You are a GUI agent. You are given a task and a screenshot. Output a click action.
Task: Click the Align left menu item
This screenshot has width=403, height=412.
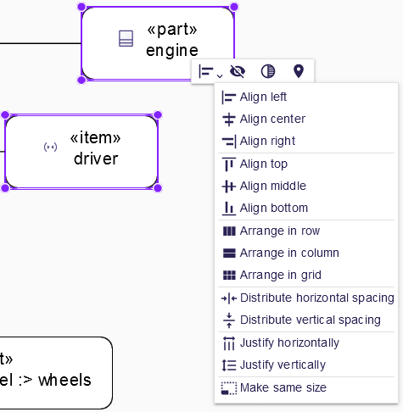263,97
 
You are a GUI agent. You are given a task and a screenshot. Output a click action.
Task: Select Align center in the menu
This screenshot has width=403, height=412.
272,119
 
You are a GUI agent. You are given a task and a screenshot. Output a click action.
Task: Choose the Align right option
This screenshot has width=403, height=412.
267,141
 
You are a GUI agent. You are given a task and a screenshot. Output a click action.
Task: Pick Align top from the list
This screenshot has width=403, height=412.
264,164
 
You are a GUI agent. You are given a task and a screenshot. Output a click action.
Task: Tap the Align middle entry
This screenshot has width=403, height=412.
272,186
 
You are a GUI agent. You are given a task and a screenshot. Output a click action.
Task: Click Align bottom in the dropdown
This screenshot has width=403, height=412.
273,208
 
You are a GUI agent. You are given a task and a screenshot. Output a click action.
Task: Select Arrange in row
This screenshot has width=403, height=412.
279,231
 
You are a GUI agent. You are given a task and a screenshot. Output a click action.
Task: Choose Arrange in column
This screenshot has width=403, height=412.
288,253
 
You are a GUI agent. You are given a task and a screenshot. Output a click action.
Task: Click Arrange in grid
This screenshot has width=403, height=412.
280,275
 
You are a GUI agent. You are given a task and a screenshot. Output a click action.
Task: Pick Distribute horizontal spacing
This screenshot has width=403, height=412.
316,298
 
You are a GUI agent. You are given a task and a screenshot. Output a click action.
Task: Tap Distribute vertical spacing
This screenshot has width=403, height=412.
310,320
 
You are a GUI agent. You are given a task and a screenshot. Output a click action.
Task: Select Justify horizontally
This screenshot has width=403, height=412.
289,342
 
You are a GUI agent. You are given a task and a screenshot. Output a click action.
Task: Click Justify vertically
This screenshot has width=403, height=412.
283,365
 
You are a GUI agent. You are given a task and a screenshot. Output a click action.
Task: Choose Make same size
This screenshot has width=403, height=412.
283,387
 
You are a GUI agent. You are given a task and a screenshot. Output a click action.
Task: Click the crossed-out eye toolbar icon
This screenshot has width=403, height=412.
238,71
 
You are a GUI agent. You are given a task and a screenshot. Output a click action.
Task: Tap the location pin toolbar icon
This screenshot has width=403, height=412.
298,71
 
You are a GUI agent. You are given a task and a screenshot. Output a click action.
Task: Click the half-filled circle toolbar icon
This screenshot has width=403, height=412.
267,71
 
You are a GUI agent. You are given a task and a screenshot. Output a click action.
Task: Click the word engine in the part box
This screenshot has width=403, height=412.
172,51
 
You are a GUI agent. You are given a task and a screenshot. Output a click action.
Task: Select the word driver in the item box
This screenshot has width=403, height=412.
96,159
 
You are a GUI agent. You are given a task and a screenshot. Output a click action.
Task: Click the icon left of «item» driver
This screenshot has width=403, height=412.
51,148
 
